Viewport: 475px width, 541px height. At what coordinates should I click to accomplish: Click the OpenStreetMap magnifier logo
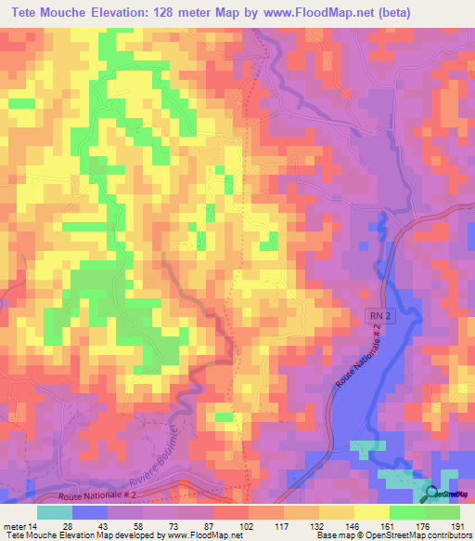point(433,494)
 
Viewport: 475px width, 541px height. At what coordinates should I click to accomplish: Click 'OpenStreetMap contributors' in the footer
point(424,535)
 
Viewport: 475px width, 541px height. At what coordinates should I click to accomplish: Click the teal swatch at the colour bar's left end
point(54,512)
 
